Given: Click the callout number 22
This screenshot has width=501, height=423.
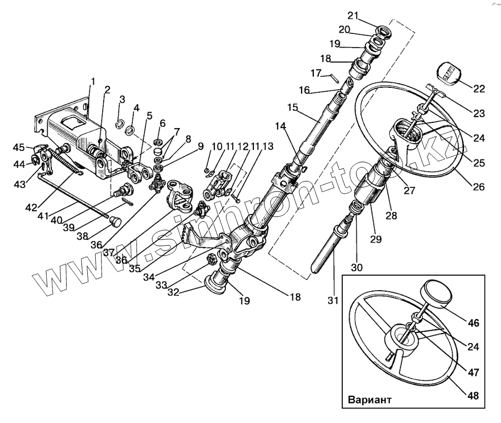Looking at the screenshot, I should tap(479, 89).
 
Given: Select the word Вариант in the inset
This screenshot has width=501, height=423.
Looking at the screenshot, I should tap(370, 399).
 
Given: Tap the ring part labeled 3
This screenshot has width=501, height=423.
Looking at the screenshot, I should tap(121, 124).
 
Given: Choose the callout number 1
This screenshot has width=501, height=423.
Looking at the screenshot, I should tap(93, 82).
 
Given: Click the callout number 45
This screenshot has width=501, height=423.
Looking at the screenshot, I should tap(19, 147).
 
